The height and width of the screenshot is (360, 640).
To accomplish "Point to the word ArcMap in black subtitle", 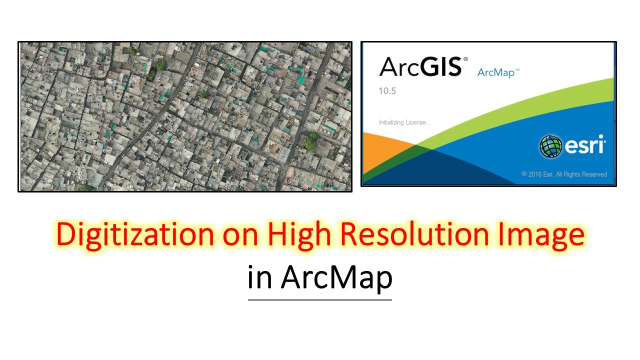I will click(x=336, y=278).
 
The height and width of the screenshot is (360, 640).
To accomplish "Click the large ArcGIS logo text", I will click(x=420, y=66).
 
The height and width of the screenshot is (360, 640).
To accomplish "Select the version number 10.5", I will click(x=387, y=91).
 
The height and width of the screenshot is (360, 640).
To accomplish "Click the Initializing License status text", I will click(x=404, y=122).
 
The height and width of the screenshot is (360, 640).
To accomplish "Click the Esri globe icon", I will click(x=551, y=146).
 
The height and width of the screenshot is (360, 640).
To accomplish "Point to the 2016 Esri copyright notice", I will click(x=564, y=174).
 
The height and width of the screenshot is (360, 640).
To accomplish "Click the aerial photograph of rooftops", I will click(x=185, y=116).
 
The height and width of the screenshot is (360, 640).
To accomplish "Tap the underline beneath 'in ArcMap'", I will click(x=320, y=299).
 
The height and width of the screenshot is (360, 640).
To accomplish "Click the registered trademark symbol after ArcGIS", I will click(x=465, y=59).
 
